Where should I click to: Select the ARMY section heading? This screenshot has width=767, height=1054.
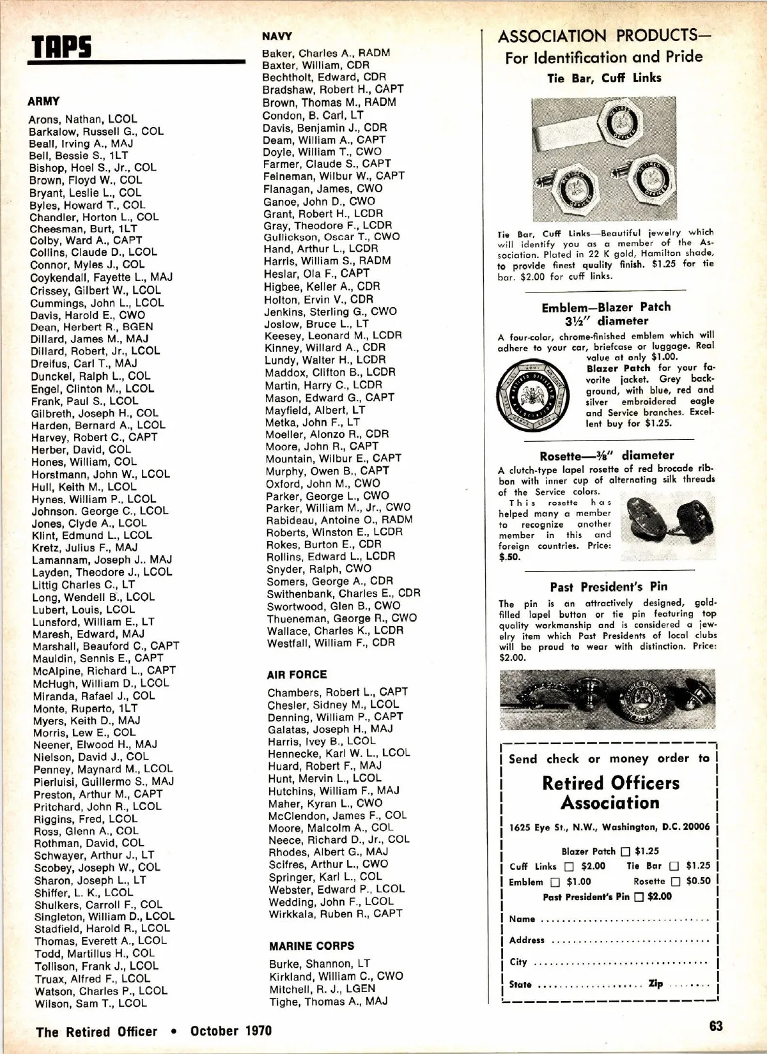coord(43,101)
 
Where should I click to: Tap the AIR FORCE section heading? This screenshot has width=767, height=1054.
coord(297,675)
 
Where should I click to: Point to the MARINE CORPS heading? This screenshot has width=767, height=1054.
coord(311,946)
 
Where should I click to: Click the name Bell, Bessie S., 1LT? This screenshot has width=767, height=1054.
coord(78,156)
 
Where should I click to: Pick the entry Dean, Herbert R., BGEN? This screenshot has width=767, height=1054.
coord(91,326)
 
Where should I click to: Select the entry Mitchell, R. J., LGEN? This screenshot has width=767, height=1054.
coord(322,989)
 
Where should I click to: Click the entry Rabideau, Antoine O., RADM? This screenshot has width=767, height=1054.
coord(339,520)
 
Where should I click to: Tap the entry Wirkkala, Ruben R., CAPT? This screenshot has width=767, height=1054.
coord(335,914)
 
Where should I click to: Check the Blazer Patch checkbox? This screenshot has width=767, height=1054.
coord(625,852)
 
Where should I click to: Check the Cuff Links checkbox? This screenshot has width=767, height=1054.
coord(569,867)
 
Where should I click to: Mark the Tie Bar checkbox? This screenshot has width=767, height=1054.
coord(674,866)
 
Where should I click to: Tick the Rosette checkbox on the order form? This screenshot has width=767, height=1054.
coord(675,882)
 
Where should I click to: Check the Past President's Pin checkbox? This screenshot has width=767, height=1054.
coord(639,897)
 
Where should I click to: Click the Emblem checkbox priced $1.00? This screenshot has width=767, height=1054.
coord(555,882)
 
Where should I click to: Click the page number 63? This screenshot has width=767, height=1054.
coord(716,1026)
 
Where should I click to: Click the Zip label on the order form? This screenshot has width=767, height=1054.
coord(656,984)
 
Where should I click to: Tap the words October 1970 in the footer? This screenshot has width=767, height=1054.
coord(231,1031)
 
